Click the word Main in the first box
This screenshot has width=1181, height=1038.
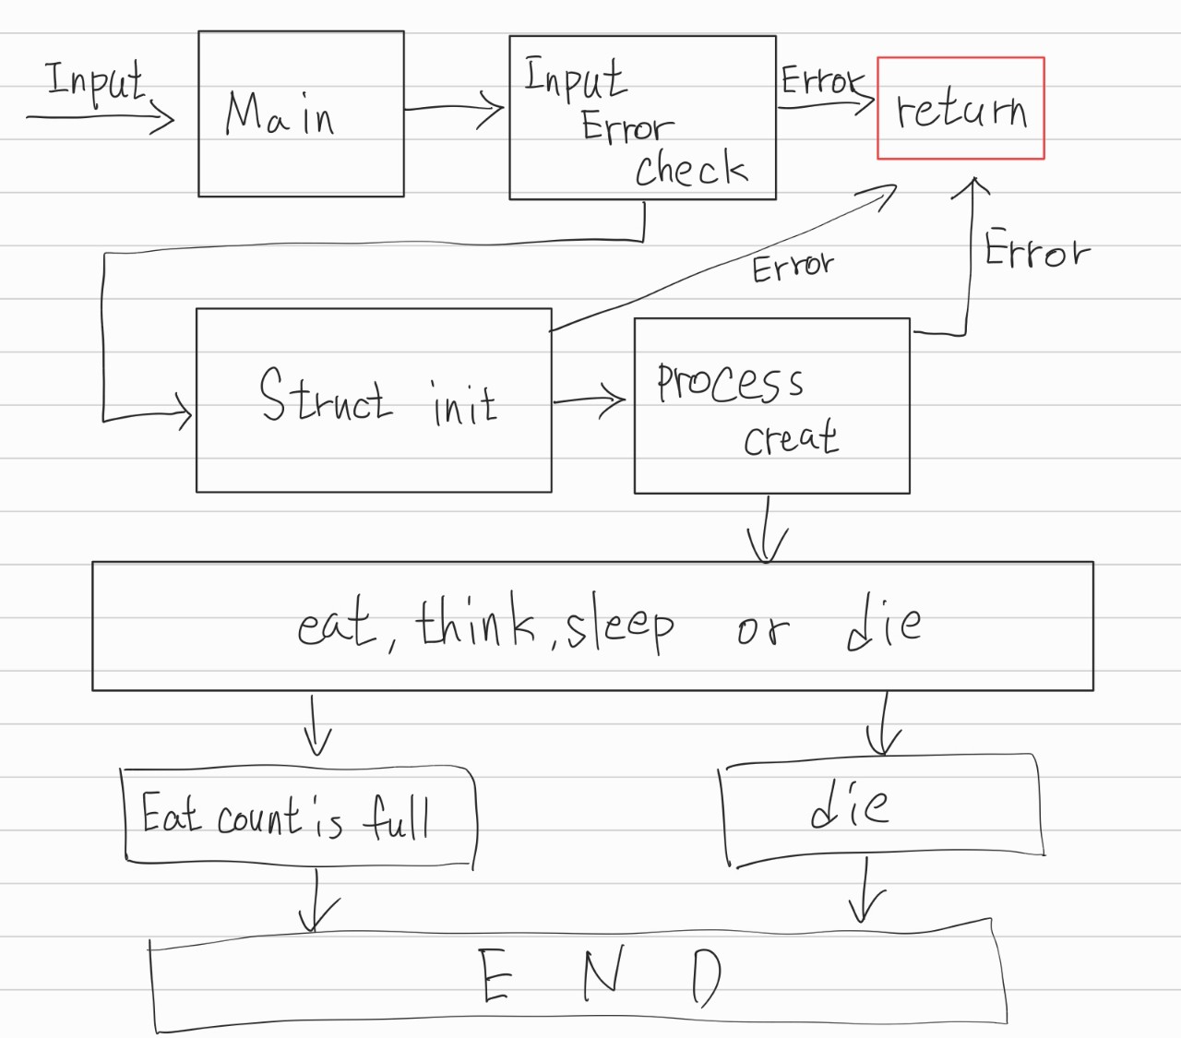click(x=279, y=114)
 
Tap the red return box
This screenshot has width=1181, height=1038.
click(x=960, y=109)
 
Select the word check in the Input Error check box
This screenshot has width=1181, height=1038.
click(x=691, y=169)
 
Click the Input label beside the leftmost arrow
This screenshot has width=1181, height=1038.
click(x=96, y=81)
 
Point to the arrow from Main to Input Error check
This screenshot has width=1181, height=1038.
click(x=454, y=109)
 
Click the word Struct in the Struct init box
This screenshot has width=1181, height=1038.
click(x=325, y=396)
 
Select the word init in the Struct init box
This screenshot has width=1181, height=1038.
click(x=464, y=403)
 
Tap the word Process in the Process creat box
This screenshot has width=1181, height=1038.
click(x=730, y=382)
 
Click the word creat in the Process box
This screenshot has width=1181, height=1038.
click(x=792, y=437)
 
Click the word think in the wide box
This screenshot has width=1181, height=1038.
click(x=476, y=624)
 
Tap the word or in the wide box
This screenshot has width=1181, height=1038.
click(x=763, y=630)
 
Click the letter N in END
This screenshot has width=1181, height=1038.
click(x=601, y=974)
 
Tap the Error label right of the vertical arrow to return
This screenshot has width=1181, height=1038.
click(x=1036, y=250)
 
